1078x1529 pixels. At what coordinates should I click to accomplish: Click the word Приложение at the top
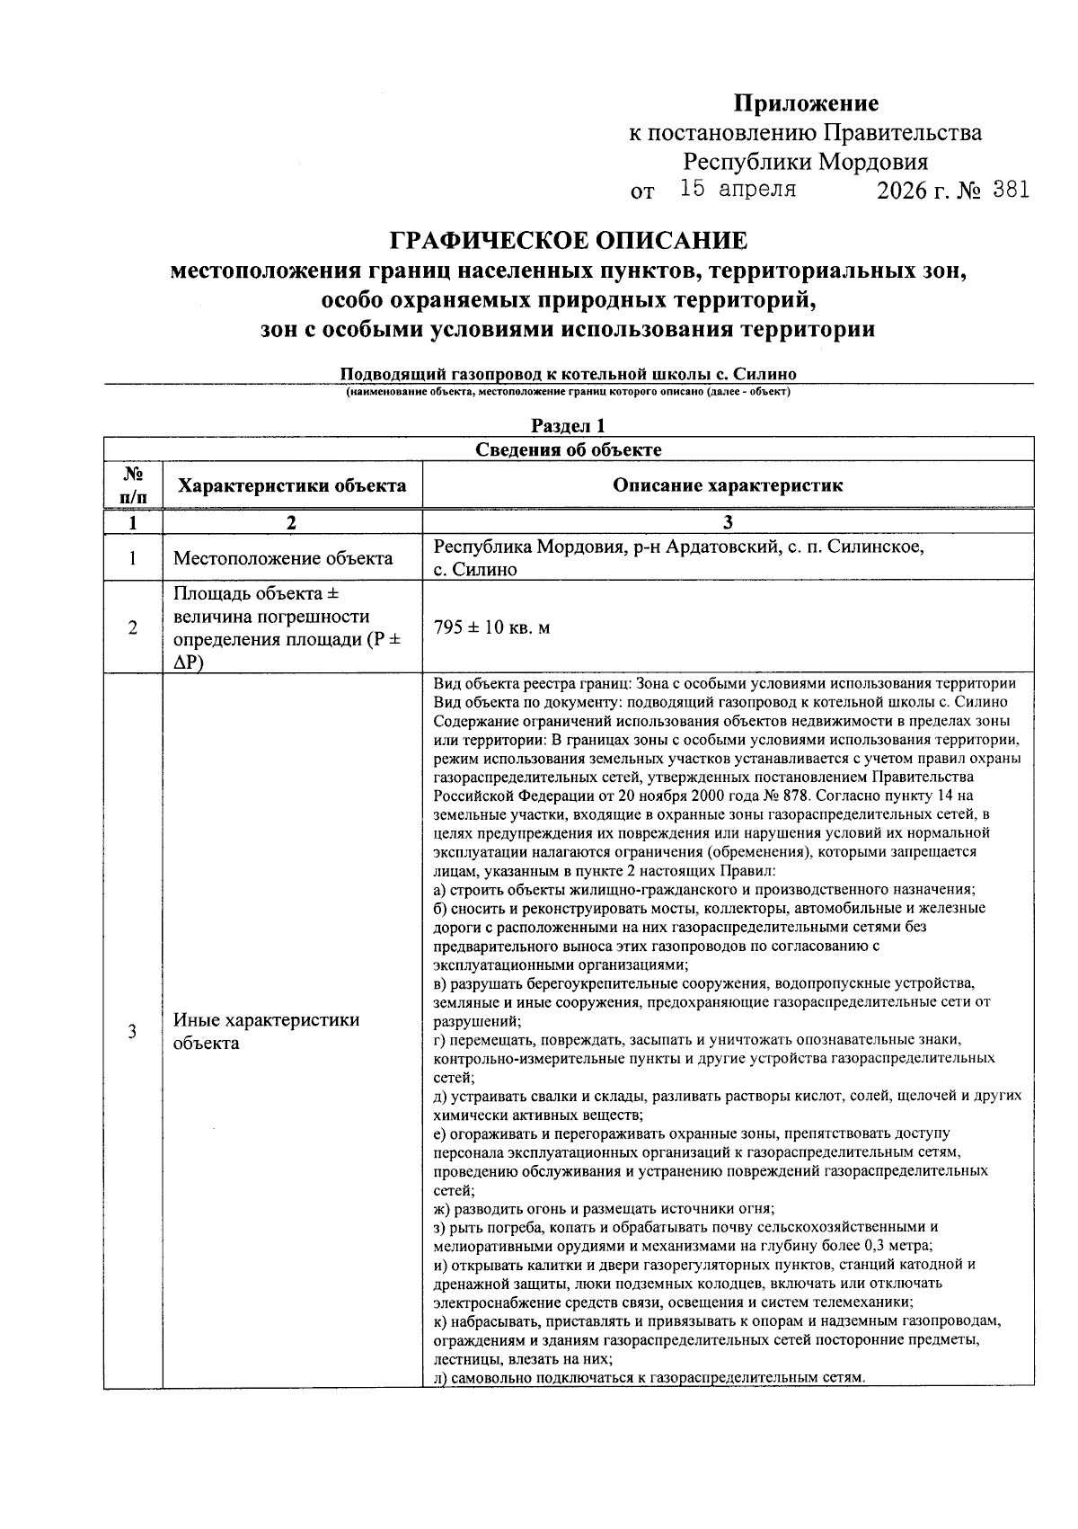coord(806,103)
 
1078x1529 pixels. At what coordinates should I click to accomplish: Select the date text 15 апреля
coord(738,190)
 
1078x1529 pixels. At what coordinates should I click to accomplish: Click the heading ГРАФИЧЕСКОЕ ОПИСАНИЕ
coord(568,241)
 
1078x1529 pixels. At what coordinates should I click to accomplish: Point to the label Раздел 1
coord(568,425)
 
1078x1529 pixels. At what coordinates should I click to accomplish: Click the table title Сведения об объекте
coord(568,449)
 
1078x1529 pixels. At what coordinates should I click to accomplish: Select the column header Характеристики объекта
coord(292,486)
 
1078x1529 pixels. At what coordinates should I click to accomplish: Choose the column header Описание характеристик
coord(728,486)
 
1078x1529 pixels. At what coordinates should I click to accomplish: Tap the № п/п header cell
coord(133,485)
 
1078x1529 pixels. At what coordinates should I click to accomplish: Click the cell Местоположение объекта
coord(283,558)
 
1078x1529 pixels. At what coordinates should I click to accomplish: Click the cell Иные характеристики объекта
coord(266,1031)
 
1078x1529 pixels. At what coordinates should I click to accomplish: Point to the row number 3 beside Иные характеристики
coord(133,1031)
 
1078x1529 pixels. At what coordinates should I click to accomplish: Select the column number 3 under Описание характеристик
coord(728,522)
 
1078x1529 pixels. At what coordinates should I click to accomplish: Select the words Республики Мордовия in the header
coord(806,163)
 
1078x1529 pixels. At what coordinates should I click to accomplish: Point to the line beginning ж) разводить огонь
coord(604,1208)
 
